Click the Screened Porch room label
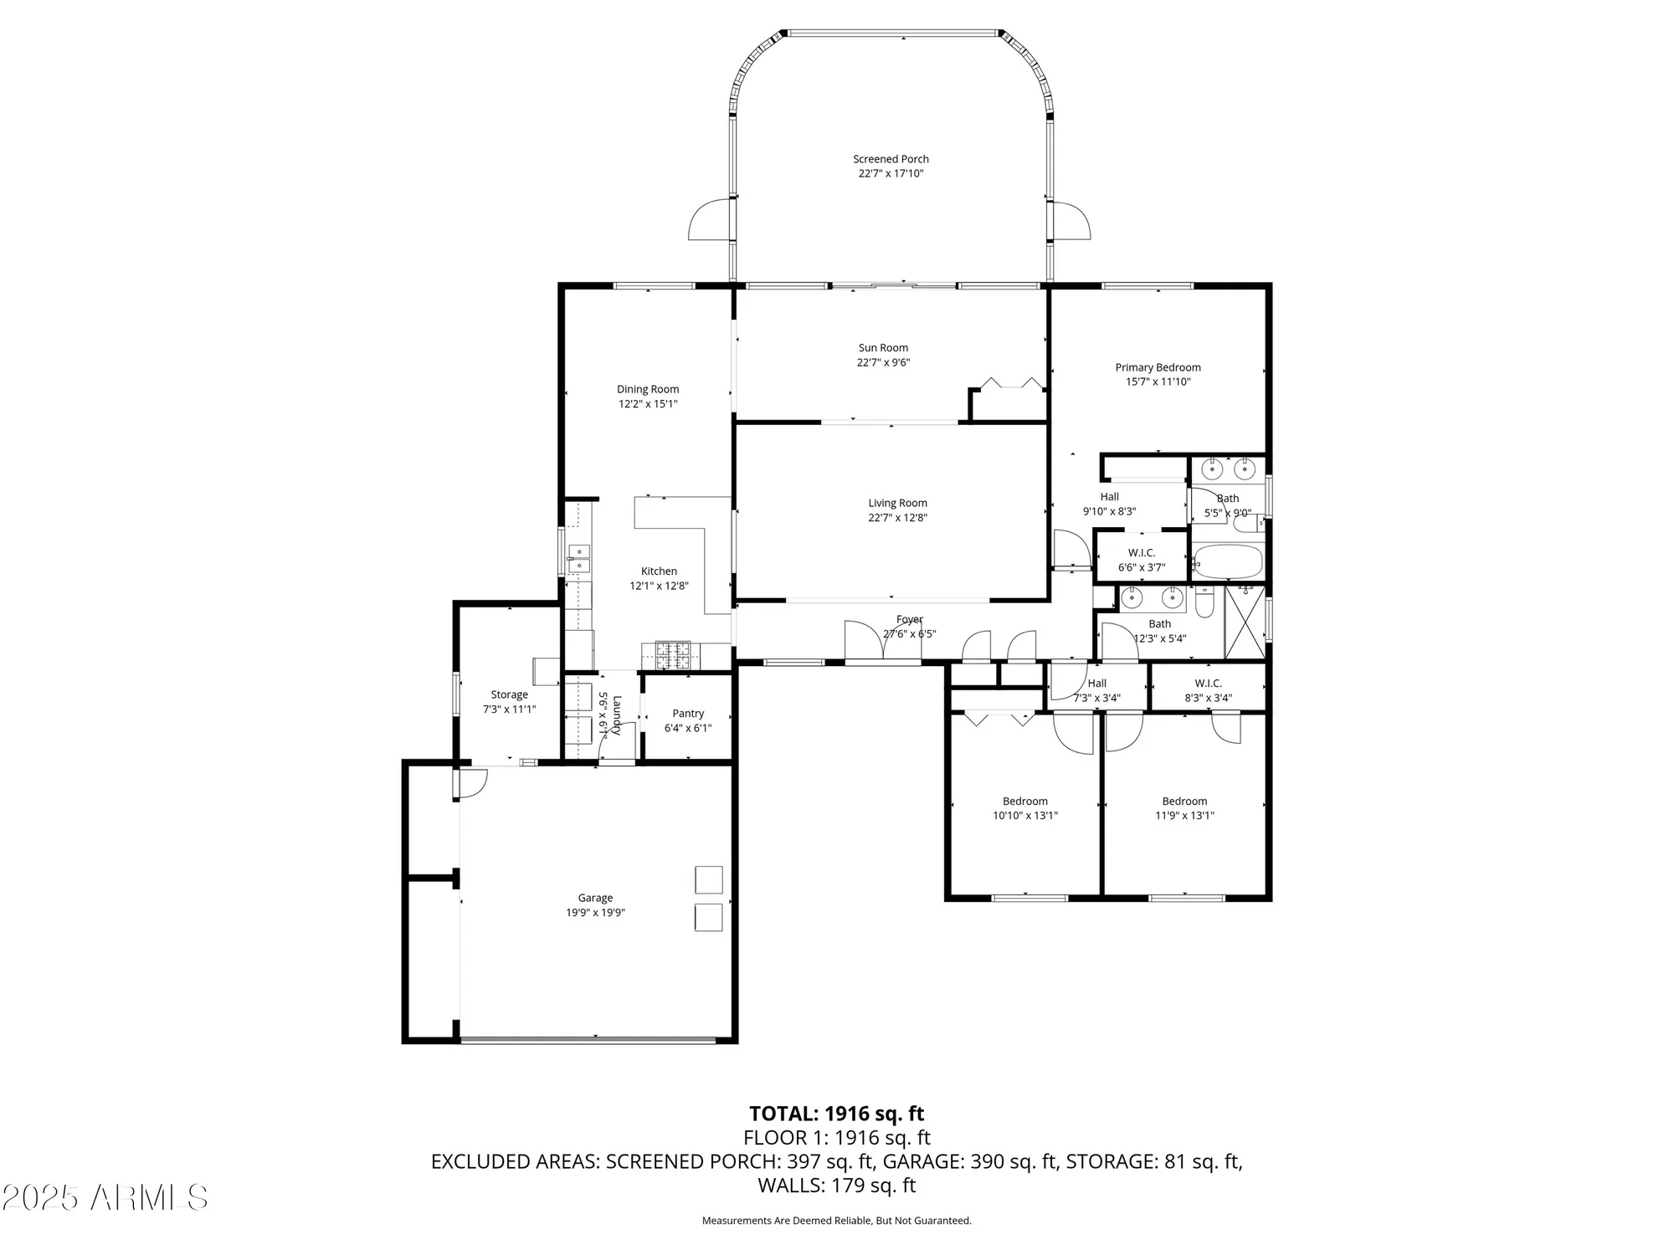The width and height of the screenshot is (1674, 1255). pos(891,159)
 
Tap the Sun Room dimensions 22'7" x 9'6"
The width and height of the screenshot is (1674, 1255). pos(883,362)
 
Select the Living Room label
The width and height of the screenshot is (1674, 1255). pos(897,503)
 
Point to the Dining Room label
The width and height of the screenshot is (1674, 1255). pos(648,389)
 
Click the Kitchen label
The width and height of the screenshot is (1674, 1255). pos(659,571)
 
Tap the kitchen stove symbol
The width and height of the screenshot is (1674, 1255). pos(673,654)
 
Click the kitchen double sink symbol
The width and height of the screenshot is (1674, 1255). pos(578,559)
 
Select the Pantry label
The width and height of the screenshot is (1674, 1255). pos(688,714)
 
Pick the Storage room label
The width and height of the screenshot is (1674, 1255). pos(509,694)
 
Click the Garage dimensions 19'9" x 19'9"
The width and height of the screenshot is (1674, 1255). pos(595,913)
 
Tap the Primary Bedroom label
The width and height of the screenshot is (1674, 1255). pos(1158,367)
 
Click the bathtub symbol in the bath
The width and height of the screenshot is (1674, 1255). pos(1228,563)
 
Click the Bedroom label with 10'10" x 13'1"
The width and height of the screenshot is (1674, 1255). pos(1025,802)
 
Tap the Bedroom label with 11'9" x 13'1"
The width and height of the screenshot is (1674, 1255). pos(1184,802)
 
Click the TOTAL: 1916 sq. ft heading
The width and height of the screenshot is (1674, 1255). pos(836,1114)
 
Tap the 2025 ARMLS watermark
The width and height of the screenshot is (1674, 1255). pos(105,1198)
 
